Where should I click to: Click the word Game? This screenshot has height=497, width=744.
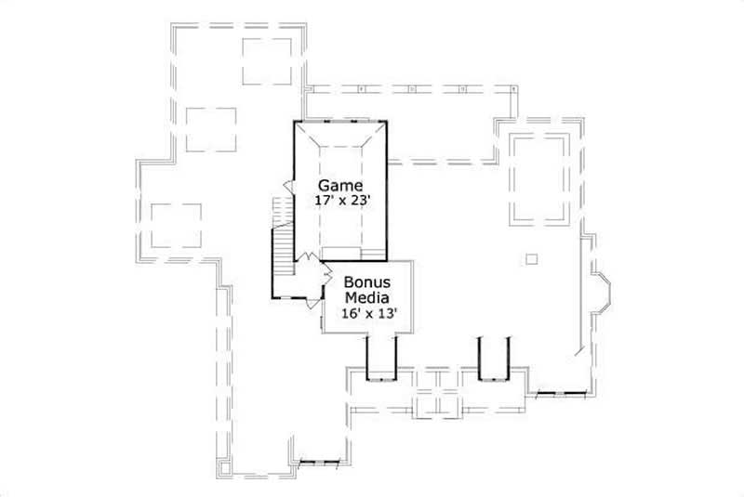pos(341,185)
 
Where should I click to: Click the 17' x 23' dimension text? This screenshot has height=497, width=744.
pos(341,200)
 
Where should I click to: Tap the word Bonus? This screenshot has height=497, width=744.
pos(366,282)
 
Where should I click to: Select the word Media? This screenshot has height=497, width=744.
pos(366,297)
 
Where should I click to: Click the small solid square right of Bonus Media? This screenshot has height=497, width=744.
pos(531,258)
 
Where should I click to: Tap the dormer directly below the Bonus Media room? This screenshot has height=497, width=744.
pos(381,359)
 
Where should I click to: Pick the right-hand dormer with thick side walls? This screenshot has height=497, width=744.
pos(493,359)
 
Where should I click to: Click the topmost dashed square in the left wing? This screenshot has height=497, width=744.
pos(267,61)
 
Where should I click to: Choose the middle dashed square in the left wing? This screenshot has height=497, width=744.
pos(211,129)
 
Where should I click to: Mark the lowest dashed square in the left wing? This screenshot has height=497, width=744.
pos(176,226)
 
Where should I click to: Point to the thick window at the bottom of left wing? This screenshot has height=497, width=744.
pos(319,462)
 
